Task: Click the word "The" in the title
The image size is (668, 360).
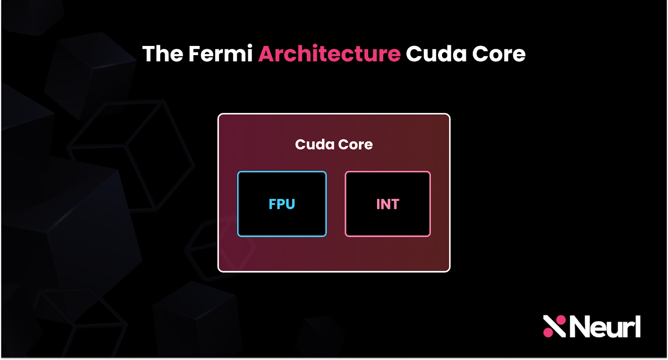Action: (162, 54)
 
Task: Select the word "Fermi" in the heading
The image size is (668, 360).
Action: (220, 54)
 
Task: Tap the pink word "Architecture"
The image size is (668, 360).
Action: (329, 54)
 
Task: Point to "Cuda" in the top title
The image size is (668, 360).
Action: (436, 54)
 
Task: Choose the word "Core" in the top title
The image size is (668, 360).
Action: (499, 54)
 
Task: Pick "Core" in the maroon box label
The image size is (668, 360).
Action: (355, 145)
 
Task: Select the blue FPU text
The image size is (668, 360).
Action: (282, 204)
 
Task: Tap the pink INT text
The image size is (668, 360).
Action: (388, 204)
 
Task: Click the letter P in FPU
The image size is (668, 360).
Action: (281, 204)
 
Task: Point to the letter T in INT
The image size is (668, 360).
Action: (395, 204)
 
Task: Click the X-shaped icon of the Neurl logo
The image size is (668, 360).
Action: (554, 326)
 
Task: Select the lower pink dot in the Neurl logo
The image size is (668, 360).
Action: (547, 333)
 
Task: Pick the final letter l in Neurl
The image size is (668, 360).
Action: (638, 326)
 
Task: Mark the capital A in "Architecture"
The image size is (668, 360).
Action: (267, 54)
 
